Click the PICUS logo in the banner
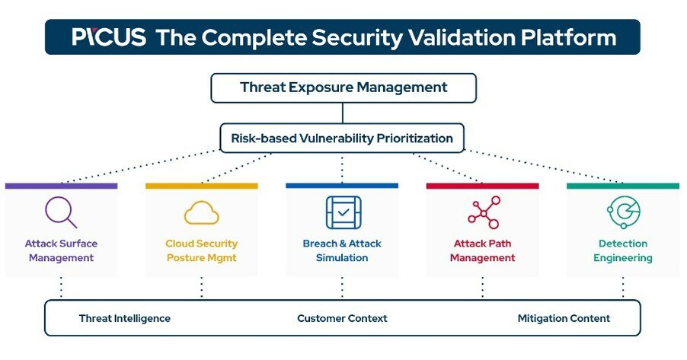[x=109, y=37]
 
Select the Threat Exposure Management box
[x=343, y=88]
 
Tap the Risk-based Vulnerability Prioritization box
[x=342, y=139]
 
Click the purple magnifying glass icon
[x=61, y=212]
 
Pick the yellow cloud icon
[x=201, y=212]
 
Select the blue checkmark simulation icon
[x=342, y=212]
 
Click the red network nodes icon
[x=483, y=212]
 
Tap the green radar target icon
[x=623, y=212]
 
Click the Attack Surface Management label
[x=61, y=250]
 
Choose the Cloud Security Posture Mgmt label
[x=201, y=250]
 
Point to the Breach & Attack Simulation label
[x=342, y=250]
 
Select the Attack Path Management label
[x=483, y=250]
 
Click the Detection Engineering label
[x=623, y=250]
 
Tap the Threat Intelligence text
[x=124, y=318]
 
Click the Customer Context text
[x=342, y=318]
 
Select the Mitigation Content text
[x=564, y=318]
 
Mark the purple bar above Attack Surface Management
[x=61, y=186]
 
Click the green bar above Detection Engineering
[x=623, y=186]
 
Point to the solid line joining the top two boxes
[x=343, y=113]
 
